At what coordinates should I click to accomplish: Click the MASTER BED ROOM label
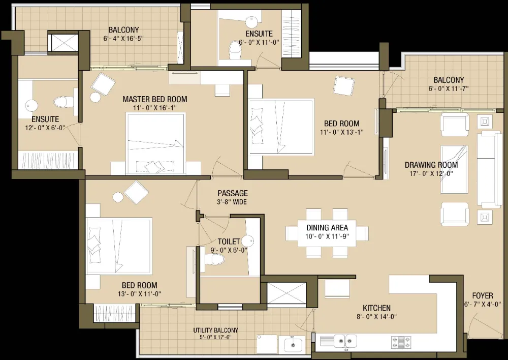(154, 99)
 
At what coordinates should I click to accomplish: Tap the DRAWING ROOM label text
(431, 165)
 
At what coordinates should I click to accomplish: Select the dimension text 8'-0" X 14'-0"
(376, 317)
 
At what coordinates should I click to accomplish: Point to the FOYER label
(483, 295)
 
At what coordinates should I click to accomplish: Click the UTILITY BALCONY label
(216, 330)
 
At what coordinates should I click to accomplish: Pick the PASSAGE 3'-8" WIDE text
(232, 197)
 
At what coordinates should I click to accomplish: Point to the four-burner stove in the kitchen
(401, 341)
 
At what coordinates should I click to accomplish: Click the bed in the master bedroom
(156, 144)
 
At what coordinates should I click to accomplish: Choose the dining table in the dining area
(327, 232)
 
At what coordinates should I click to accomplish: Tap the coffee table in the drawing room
(454, 169)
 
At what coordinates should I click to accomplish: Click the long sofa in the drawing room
(488, 169)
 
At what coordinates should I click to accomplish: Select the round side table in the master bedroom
(96, 97)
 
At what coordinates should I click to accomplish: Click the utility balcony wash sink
(293, 345)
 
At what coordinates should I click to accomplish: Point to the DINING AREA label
(327, 228)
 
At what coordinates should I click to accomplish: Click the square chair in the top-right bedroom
(344, 85)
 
